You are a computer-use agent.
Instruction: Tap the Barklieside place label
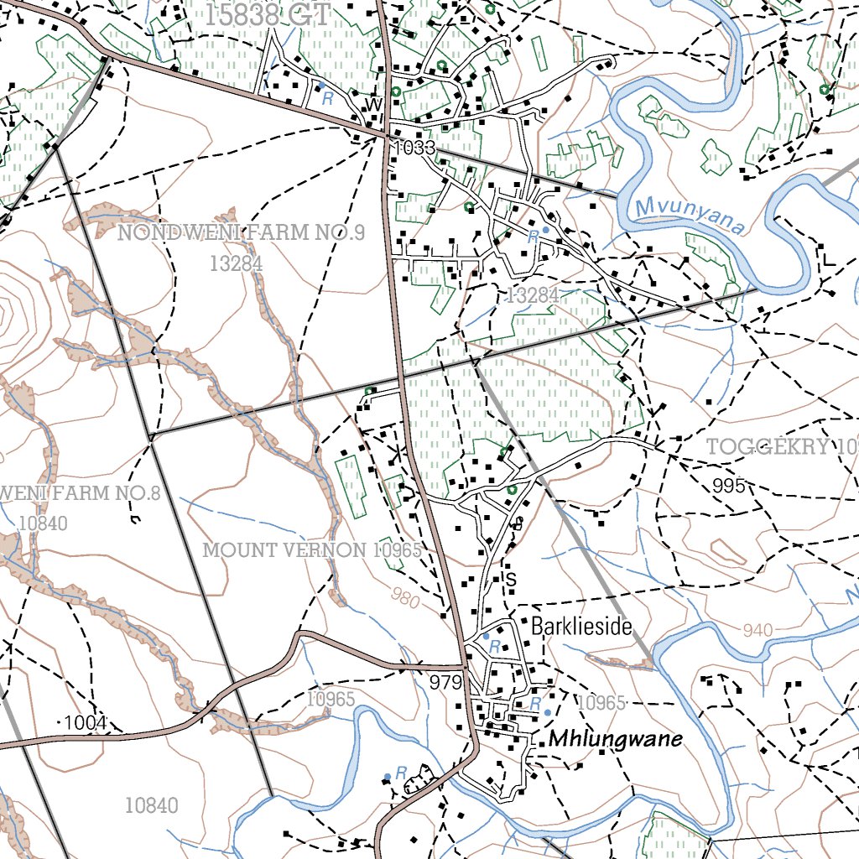[x=580, y=627]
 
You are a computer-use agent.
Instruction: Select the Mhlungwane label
[x=616, y=739]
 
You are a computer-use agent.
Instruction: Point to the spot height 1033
[x=414, y=148]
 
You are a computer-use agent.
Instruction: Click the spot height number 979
[x=445, y=683]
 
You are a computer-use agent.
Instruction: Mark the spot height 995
[x=729, y=485]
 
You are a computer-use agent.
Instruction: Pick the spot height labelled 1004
[x=86, y=723]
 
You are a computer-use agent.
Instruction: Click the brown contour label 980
[x=407, y=597]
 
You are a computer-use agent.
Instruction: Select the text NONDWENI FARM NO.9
[x=241, y=233]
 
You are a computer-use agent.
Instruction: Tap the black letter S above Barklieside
[x=509, y=580]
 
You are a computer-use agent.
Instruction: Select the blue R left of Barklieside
[x=495, y=647]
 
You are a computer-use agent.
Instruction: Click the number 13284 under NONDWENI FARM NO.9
[x=237, y=264]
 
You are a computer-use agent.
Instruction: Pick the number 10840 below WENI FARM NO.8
[x=41, y=523]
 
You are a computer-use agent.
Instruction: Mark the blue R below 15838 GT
[x=327, y=97]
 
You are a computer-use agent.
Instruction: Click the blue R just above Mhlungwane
[x=534, y=703]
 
